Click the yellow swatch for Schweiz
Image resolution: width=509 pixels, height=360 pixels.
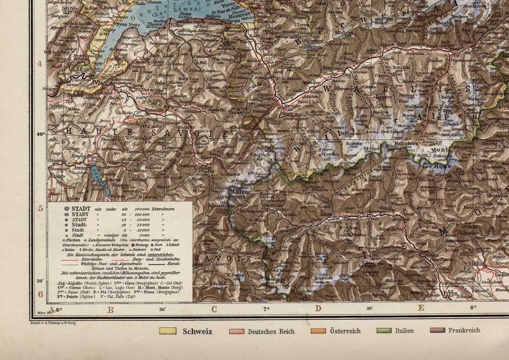pos(168,331)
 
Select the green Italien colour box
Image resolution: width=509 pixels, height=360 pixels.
pos(384,331)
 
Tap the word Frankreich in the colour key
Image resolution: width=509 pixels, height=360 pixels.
pos(464,330)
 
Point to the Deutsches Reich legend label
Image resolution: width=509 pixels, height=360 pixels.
pos(271,332)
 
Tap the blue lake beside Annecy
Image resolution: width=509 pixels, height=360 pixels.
pos(99,177)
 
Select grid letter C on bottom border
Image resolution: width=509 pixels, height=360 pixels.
pos(214,309)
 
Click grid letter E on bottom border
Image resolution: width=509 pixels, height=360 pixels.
pos(420,309)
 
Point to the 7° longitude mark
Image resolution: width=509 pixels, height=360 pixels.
pos(266,309)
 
